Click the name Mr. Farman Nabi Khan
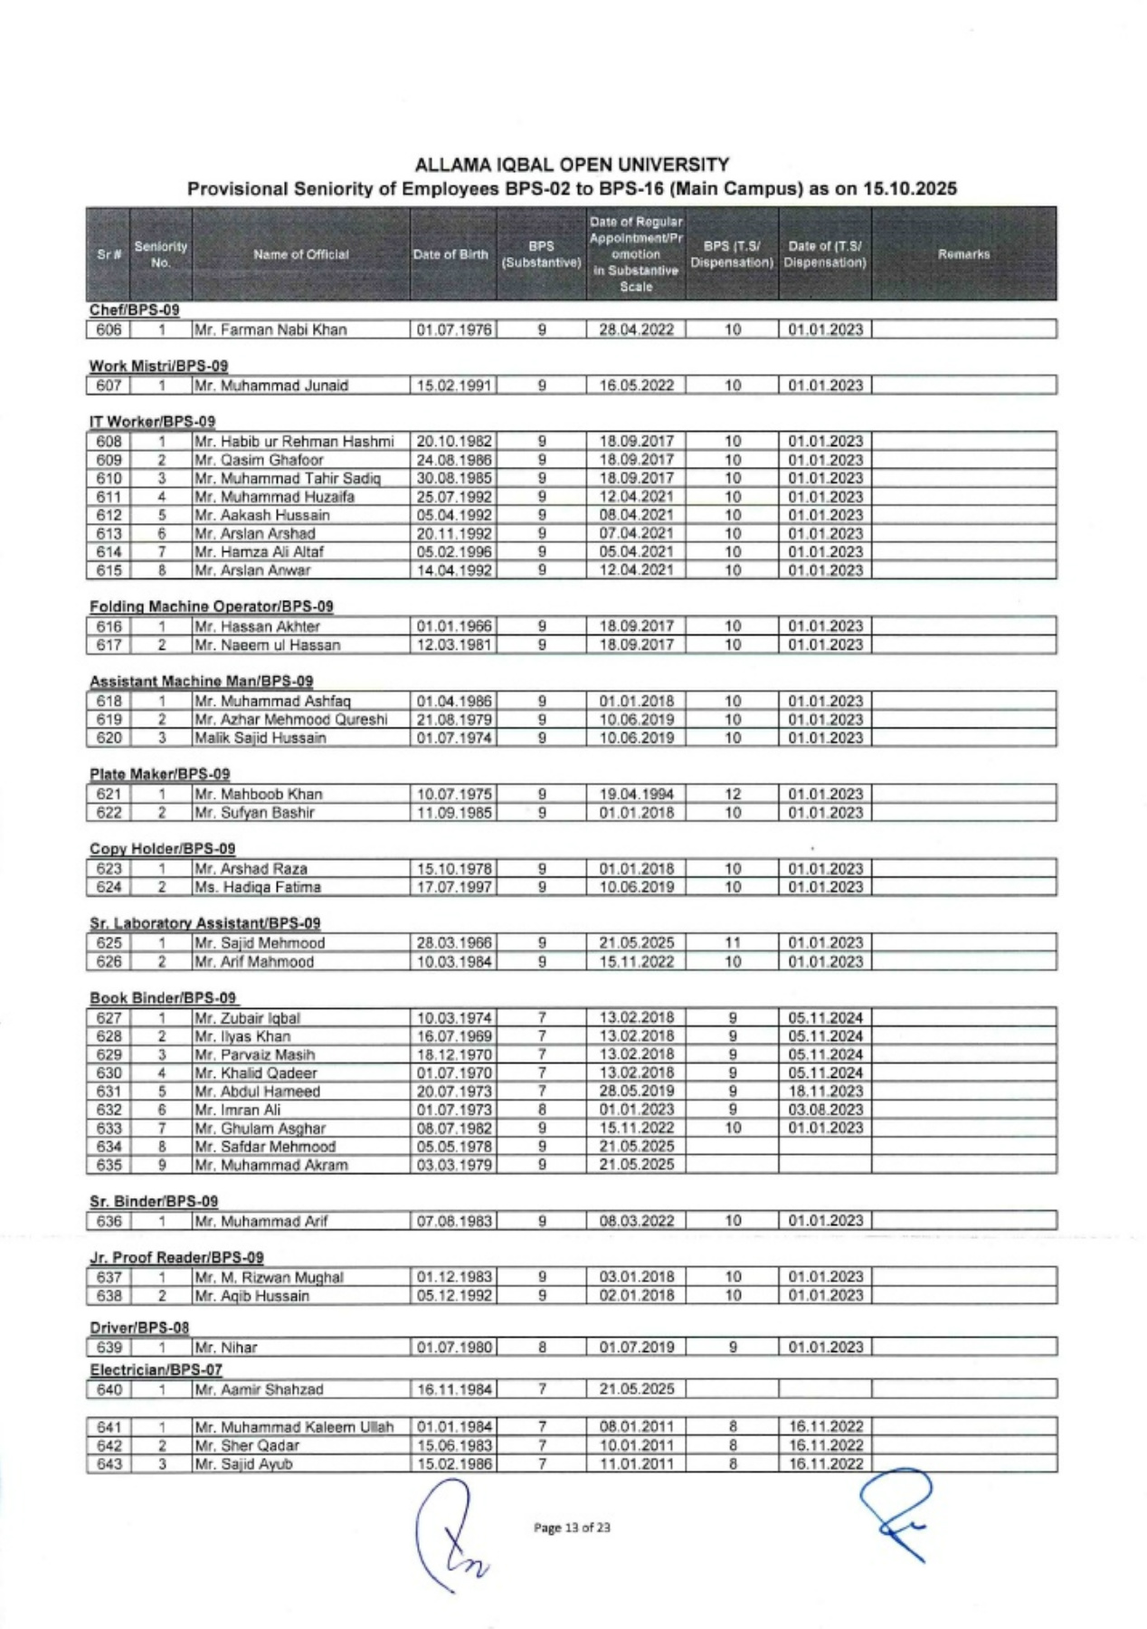pyautogui.click(x=270, y=329)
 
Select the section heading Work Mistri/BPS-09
pyautogui.click(x=158, y=366)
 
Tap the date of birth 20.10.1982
pyautogui.click(x=454, y=442)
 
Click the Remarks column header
pyautogui.click(x=963, y=254)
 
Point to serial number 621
pyautogui.click(x=109, y=794)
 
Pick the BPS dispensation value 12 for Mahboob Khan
pyautogui.click(x=733, y=794)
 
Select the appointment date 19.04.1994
pyautogui.click(x=636, y=794)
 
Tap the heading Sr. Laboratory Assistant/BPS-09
pyautogui.click(x=204, y=923)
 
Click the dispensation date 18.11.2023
pyautogui.click(x=826, y=1091)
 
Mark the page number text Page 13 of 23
pyautogui.click(x=572, y=1528)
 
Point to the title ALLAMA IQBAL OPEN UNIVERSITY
pyautogui.click(x=572, y=165)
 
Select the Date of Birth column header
pyautogui.click(x=450, y=254)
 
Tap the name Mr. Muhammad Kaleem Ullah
pyautogui.click(x=294, y=1427)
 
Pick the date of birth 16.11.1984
pyautogui.click(x=454, y=1389)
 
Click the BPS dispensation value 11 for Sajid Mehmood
pyautogui.click(x=733, y=942)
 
